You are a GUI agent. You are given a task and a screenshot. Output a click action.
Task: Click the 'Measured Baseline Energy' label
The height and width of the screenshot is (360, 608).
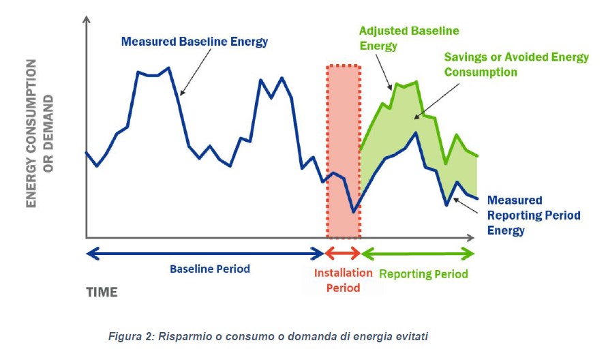pyautogui.click(x=194, y=42)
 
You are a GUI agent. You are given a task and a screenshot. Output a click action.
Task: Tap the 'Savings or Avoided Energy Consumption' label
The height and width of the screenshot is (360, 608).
pyautogui.click(x=516, y=64)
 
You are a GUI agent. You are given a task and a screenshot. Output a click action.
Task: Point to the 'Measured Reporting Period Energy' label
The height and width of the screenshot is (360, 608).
pyautogui.click(x=533, y=215)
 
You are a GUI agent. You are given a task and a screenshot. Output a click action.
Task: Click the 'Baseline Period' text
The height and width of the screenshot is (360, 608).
pyautogui.click(x=210, y=269)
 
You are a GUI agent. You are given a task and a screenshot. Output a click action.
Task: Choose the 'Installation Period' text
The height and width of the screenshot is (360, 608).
pyautogui.click(x=343, y=280)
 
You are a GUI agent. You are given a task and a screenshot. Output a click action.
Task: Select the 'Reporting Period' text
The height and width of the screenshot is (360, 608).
pyautogui.click(x=423, y=274)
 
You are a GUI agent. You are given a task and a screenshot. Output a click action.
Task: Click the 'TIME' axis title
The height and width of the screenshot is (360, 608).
pyautogui.click(x=102, y=292)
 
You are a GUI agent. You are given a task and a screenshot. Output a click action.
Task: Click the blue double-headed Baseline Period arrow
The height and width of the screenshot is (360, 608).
pyautogui.click(x=204, y=254)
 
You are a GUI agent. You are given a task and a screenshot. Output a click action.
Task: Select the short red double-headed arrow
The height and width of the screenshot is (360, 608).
pyautogui.click(x=343, y=254)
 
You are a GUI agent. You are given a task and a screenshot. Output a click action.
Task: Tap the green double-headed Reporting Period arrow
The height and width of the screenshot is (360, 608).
pyautogui.click(x=417, y=254)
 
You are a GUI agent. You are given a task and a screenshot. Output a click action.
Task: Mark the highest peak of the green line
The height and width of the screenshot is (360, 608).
pyautogui.click(x=415, y=82)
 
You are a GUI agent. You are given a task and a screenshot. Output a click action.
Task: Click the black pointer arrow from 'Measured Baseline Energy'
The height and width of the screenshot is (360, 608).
pyautogui.click(x=194, y=72)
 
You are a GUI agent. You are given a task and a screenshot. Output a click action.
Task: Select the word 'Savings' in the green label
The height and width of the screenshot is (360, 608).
pyautogui.click(x=466, y=57)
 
